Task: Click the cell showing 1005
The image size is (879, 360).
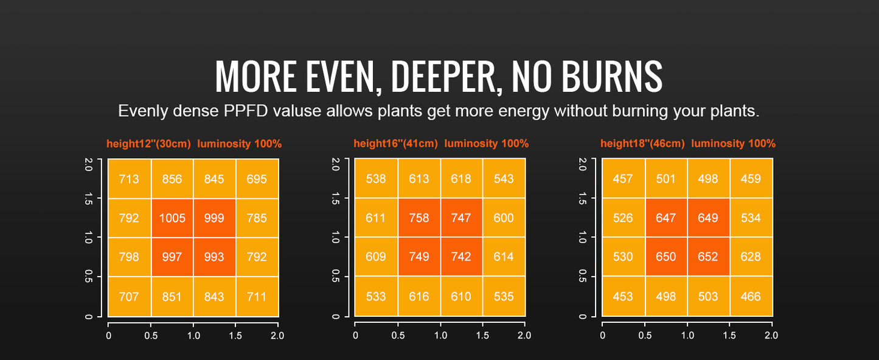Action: click(x=172, y=218)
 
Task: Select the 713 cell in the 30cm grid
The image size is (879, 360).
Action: click(x=129, y=179)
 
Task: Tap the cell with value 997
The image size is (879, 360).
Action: click(x=172, y=257)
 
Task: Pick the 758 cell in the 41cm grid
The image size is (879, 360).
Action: click(x=419, y=218)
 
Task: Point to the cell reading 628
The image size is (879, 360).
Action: click(x=751, y=257)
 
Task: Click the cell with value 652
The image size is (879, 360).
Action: click(x=708, y=257)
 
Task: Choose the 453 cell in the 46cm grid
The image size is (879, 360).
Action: click(x=623, y=297)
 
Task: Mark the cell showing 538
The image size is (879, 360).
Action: click(x=376, y=179)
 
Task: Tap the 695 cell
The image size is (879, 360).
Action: click(x=257, y=179)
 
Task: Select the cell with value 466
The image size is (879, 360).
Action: click(x=751, y=297)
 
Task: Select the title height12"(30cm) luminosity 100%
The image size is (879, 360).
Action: click(x=194, y=144)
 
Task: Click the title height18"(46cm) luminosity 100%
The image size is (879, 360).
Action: click(x=687, y=144)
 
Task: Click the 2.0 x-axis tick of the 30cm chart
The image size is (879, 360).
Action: click(x=277, y=335)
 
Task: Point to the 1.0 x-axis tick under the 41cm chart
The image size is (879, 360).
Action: click(x=440, y=335)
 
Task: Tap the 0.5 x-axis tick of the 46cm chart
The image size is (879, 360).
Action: click(x=645, y=335)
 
